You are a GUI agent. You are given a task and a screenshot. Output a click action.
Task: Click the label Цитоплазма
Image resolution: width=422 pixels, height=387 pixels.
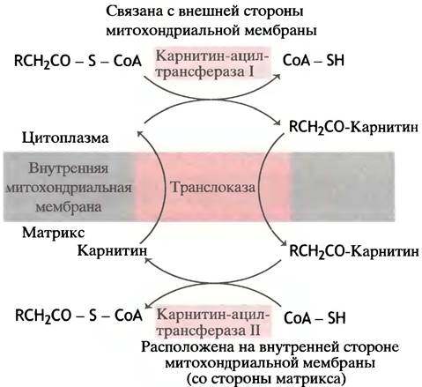[x=65, y=138]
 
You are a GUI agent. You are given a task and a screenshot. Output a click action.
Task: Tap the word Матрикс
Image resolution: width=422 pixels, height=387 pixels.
[x=54, y=233]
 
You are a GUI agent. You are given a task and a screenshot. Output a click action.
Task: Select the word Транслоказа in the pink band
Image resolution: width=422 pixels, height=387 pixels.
[x=212, y=187]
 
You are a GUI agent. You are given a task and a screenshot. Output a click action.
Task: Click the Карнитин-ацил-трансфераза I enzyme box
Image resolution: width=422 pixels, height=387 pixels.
[x=212, y=63]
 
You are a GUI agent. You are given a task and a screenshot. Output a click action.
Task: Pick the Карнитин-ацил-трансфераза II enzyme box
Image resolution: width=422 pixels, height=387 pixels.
[x=213, y=323]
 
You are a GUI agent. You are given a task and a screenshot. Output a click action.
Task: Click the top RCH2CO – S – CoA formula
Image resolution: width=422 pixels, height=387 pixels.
[x=78, y=61]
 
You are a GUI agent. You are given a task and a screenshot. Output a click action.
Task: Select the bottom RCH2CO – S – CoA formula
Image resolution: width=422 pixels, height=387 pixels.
[x=78, y=316]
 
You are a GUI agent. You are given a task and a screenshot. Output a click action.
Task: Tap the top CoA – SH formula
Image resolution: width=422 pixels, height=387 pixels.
[x=313, y=61]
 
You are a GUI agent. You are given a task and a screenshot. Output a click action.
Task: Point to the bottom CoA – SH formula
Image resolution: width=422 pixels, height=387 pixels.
[x=315, y=318]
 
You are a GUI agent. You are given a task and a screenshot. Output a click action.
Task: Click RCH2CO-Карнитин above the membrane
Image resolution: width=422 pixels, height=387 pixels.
[x=353, y=127]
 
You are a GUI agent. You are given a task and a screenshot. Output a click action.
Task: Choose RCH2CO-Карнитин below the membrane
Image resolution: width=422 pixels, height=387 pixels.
[x=354, y=252]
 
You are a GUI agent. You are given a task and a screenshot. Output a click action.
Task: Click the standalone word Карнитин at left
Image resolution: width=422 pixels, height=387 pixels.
[x=112, y=251]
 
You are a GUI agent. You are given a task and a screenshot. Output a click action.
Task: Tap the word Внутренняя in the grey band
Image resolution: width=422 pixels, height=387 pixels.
[x=69, y=168]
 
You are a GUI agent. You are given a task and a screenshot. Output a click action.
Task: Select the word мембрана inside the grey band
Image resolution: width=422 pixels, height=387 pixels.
[x=69, y=207]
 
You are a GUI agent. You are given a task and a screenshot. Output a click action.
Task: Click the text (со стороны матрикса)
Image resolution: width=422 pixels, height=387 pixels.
[x=266, y=378]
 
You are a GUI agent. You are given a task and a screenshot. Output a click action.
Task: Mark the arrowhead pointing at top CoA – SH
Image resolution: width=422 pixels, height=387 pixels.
[x=277, y=76]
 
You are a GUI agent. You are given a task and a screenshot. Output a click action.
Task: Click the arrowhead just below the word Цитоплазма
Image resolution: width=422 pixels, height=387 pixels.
[x=140, y=134]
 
